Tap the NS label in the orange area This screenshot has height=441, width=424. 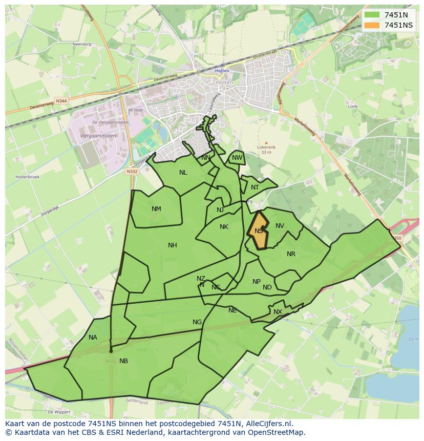coord(259,231)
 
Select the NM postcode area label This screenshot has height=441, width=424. coord(156,208)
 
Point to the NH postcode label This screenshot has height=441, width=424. coord(173,245)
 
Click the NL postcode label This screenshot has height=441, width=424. coord(183,173)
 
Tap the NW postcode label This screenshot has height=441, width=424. coord(237,158)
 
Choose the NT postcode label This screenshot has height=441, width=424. coord(255,187)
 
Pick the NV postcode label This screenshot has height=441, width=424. coord(280,226)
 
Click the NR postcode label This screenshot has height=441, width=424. coord(291,254)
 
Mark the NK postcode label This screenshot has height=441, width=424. coord(224,227)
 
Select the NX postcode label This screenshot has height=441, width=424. coord(278,312)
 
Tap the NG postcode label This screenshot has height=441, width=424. coord(197,322)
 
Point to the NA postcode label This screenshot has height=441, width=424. coord(93,338)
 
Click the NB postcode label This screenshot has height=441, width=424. coord(123,361)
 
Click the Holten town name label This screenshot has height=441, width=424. coord(222,71)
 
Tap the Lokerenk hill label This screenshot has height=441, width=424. coord(266,147)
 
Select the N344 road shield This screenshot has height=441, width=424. coord(61,101)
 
